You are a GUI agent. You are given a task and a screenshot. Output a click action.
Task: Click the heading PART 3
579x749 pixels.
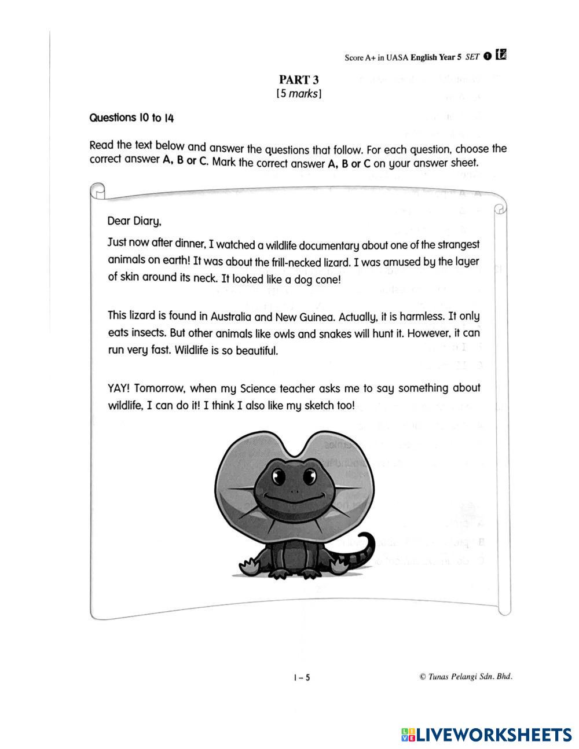pos(299,80)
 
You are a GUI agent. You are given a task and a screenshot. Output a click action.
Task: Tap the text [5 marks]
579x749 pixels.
pos(299,93)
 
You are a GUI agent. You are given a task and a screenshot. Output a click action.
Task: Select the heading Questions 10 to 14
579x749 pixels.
pos(131,118)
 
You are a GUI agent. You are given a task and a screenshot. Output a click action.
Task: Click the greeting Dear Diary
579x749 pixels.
pos(134,221)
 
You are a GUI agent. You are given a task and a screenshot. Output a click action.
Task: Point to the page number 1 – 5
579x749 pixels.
pos(302,677)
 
